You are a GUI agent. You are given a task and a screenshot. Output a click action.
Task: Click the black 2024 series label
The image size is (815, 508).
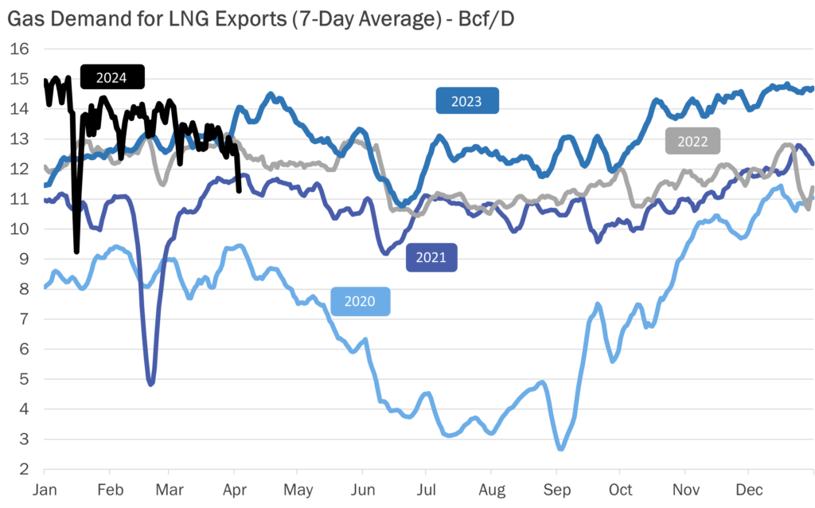point(112,77)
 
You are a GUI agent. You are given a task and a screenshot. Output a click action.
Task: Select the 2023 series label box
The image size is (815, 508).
point(466,100)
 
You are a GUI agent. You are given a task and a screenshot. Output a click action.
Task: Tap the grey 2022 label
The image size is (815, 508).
point(692,141)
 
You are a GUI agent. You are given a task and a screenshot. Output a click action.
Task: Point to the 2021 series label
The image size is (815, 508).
point(431,257)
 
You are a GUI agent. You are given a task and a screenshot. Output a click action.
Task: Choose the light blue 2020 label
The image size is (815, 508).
point(360,301)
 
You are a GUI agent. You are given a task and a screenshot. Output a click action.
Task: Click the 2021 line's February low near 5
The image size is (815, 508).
point(150,384)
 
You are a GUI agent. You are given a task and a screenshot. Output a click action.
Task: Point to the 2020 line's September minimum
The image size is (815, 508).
point(560,449)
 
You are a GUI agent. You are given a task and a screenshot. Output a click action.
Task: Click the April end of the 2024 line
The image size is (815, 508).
point(240,190)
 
